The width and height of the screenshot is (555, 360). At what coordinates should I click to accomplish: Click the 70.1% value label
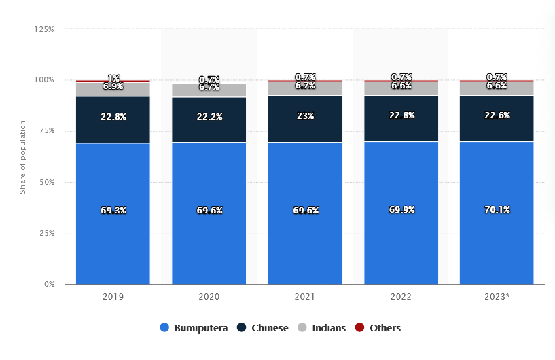click(x=497, y=211)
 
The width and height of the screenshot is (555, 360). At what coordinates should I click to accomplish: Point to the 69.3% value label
click(x=113, y=211)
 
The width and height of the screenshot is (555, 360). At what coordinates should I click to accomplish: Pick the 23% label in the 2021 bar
click(x=305, y=116)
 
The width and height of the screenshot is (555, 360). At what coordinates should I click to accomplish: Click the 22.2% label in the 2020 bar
click(x=209, y=117)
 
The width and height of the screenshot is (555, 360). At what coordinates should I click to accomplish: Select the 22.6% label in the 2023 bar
click(x=497, y=115)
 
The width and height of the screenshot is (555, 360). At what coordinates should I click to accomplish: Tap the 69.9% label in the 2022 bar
click(x=401, y=211)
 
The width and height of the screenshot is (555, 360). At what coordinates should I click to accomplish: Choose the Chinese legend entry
click(x=263, y=328)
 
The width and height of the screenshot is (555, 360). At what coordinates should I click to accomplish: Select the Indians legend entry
click(x=322, y=328)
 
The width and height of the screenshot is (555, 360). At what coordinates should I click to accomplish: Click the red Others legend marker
click(x=360, y=328)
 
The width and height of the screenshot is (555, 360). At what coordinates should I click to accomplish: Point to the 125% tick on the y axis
click(x=44, y=29)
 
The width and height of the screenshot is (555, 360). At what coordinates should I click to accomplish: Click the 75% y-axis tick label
click(x=46, y=131)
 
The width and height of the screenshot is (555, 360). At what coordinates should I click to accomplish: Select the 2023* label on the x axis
click(x=497, y=297)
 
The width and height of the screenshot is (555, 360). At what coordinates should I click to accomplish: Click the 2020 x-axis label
click(x=209, y=297)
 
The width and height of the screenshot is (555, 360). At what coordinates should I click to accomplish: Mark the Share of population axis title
click(x=22, y=157)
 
